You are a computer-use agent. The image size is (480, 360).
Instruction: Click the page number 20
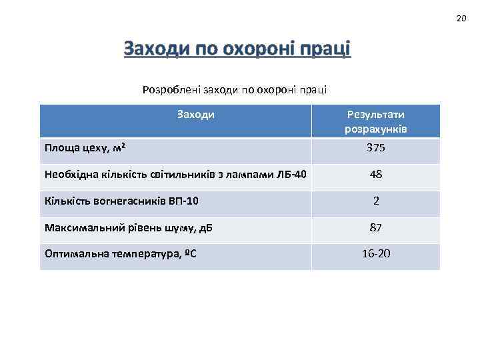coord(461,18)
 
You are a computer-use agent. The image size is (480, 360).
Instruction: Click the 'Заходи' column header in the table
coord(195,114)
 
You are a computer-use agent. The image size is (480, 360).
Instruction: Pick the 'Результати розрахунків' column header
coord(375,121)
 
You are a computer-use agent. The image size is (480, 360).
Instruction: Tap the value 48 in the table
coord(375,175)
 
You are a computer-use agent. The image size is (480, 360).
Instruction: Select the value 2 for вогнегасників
coord(376,201)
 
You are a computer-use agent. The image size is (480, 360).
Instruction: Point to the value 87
coord(375,228)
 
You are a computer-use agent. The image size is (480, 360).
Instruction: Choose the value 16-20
coord(375,255)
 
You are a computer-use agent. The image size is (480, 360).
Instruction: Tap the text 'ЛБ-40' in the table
coord(291,175)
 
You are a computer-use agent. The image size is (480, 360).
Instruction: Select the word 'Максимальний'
coord(79,228)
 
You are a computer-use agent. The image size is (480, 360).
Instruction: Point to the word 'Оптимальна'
coord(73,255)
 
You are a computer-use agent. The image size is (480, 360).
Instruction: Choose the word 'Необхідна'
coord(69,175)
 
